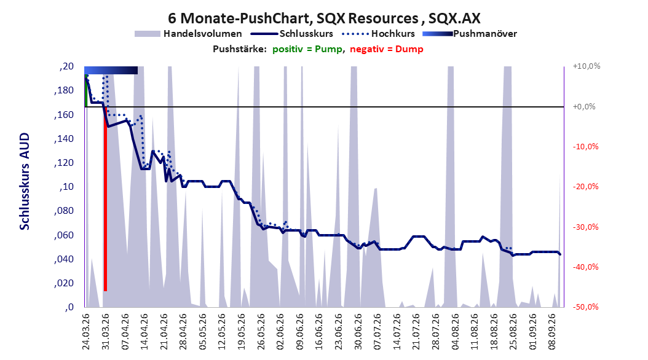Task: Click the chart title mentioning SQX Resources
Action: (x=324, y=18)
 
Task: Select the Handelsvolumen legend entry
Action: (x=189, y=34)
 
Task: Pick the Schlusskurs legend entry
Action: (x=292, y=34)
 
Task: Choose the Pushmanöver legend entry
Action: (x=470, y=34)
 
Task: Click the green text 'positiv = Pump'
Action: (x=307, y=49)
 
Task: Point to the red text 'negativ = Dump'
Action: (x=387, y=49)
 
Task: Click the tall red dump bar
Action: (x=105, y=199)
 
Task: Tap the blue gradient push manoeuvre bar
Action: (x=111, y=70)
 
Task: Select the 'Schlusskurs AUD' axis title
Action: (x=25, y=181)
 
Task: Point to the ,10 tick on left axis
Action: (x=66, y=187)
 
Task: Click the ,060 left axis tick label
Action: (x=64, y=235)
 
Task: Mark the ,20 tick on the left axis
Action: (x=66, y=66)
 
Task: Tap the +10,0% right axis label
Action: (x=587, y=66)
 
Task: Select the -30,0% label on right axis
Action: (x=585, y=227)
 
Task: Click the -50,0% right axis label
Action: (x=585, y=307)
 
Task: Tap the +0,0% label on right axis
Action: (x=584, y=106)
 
